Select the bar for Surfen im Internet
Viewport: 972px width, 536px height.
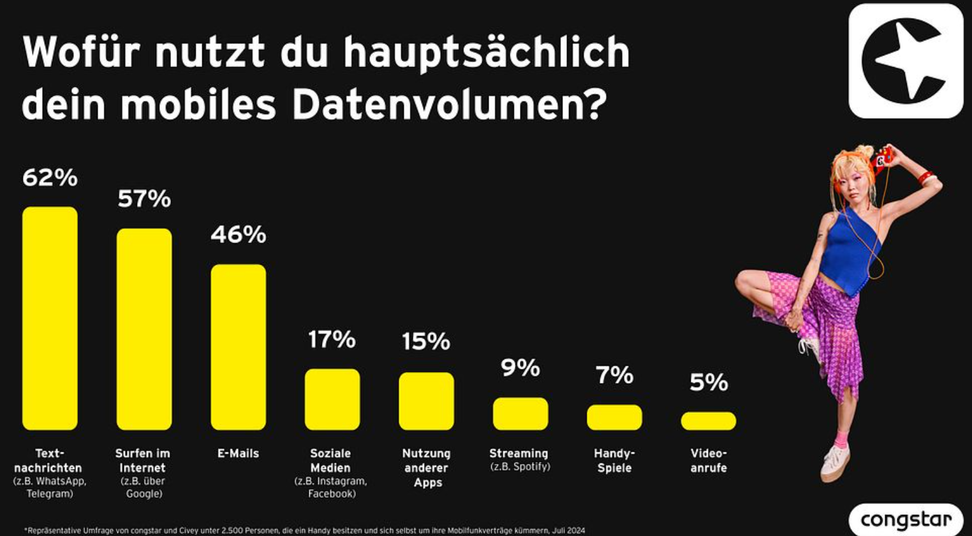(144, 329)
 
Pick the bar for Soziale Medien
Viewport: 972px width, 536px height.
(332, 399)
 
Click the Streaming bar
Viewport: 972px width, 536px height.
(520, 413)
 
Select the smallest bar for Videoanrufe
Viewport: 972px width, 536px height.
(709, 421)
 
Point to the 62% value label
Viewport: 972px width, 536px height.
(50, 178)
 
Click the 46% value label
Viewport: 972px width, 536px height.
(239, 235)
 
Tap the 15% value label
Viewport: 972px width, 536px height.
(426, 342)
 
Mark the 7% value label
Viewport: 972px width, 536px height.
(615, 375)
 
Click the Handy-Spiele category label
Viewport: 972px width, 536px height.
(614, 461)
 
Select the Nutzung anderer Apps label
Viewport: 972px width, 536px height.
(427, 468)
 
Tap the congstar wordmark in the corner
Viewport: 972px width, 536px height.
(906, 520)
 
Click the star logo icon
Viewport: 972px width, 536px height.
(906, 61)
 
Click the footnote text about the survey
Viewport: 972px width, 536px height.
(305, 530)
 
